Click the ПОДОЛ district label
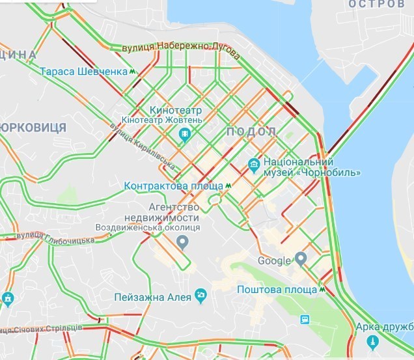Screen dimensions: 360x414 (251, 132)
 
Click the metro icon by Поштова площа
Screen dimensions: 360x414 (322, 289)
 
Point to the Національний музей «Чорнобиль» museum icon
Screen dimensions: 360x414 (255, 162)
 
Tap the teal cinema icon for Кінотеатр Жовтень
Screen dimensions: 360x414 (185, 135)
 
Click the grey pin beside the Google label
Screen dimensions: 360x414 (300, 260)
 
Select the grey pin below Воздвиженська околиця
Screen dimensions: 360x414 (183, 243)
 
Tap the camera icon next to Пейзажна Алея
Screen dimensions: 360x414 (201, 296)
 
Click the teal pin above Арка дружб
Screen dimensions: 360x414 (373, 341)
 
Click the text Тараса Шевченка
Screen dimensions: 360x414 (83, 72)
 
